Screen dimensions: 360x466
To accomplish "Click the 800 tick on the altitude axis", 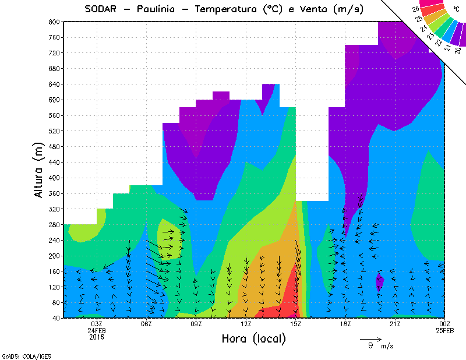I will [x=54, y=22].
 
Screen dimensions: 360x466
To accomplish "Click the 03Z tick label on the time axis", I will [x=97, y=324].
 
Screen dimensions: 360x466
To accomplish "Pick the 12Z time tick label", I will [x=246, y=324].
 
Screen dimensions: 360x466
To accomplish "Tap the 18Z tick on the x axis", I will [x=345, y=324].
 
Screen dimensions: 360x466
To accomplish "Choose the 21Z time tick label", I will [x=395, y=324].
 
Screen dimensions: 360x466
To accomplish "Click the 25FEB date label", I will [x=445, y=330].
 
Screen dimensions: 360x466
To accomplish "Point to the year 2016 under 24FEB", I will [x=97, y=337].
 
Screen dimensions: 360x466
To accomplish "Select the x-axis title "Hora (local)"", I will [x=254, y=338].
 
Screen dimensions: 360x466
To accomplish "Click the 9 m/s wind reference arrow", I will [x=370, y=338].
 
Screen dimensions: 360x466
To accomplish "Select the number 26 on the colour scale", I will [x=416, y=9].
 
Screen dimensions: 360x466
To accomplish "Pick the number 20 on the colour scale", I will [x=458, y=50].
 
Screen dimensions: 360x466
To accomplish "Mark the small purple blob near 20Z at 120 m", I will [x=380, y=281].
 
